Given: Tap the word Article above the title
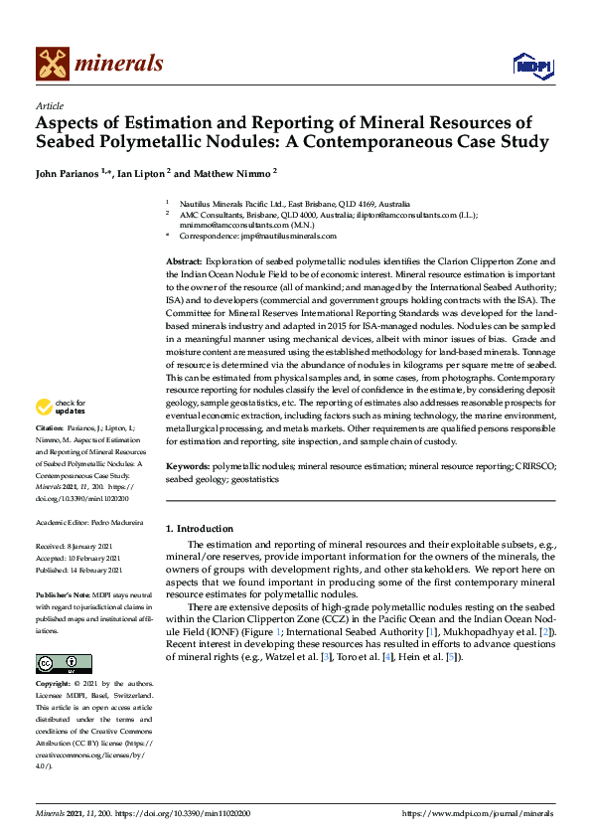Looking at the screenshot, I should pyautogui.click(x=49, y=105).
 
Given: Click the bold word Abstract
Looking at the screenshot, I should pyautogui.click(x=184, y=260).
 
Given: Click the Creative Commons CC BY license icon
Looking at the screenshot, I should pyautogui.click(x=64, y=664).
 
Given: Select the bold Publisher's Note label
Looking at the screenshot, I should pyautogui.click(x=67, y=592).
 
